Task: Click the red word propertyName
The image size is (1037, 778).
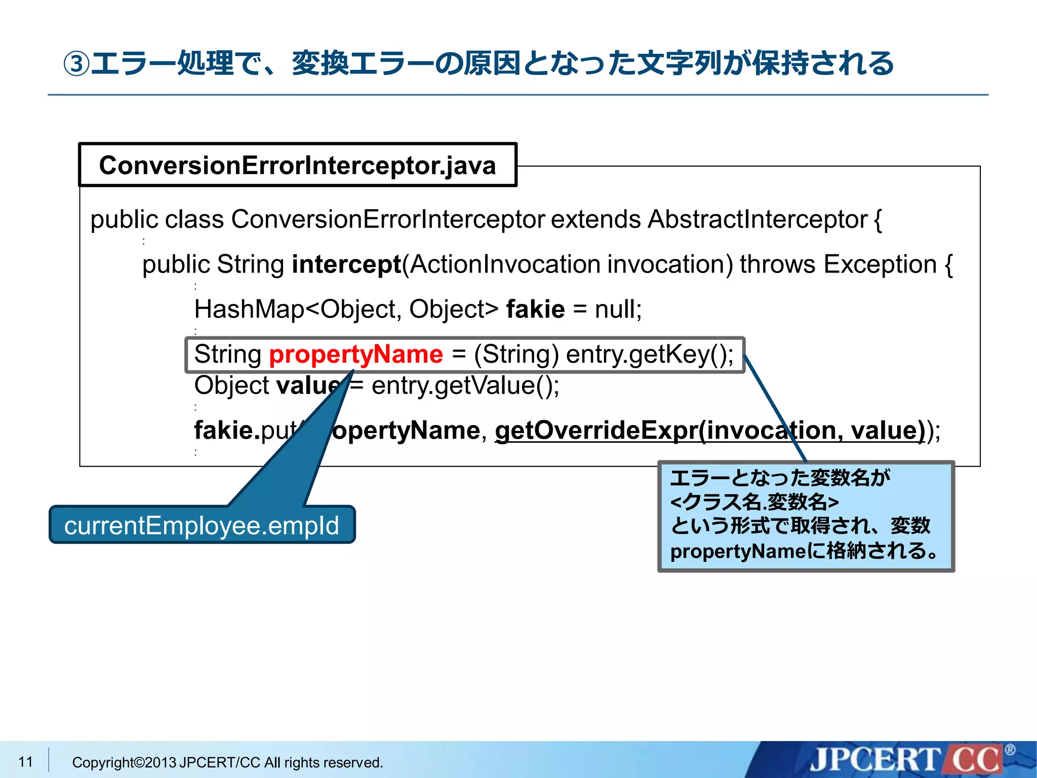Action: pyautogui.click(x=355, y=354)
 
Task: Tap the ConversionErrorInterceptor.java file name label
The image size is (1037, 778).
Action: pyautogui.click(x=297, y=166)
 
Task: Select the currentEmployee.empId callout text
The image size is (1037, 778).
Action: pyautogui.click(x=202, y=525)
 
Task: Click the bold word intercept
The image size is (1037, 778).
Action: pyautogui.click(x=346, y=264)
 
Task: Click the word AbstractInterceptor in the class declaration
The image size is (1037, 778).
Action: pyautogui.click(x=757, y=220)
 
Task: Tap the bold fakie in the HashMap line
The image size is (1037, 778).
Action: pyautogui.click(x=535, y=309)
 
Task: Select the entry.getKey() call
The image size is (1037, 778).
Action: pyautogui.click(x=649, y=354)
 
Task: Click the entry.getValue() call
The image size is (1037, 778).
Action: pyautogui.click(x=465, y=385)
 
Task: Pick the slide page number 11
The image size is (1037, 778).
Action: pyautogui.click(x=25, y=762)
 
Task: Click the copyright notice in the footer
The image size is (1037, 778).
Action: pyautogui.click(x=227, y=762)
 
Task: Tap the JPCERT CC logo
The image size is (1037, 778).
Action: pyautogui.click(x=906, y=760)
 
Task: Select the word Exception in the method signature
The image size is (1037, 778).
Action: pyautogui.click(x=880, y=264)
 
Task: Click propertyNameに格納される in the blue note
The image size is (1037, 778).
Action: pyautogui.click(x=803, y=551)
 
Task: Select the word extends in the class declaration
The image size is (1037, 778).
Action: pyautogui.click(x=595, y=220)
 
